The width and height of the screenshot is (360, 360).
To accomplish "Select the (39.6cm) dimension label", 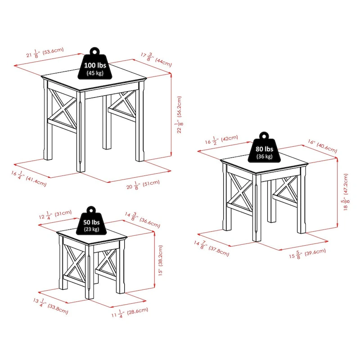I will (315, 252).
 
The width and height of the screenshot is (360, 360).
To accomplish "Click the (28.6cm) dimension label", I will (136, 311).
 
